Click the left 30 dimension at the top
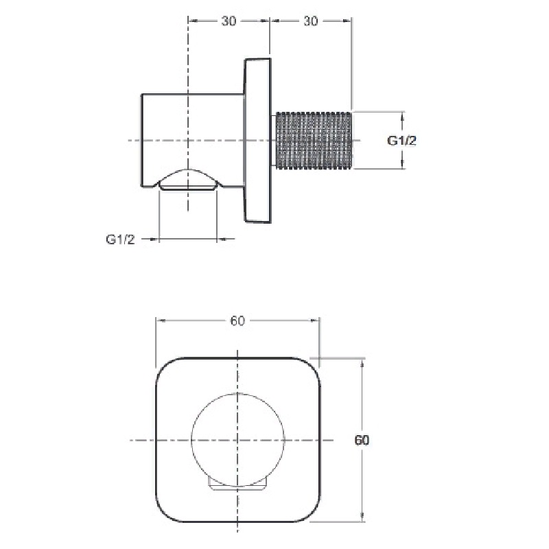[229, 21]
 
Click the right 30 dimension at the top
[311, 21]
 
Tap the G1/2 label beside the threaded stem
[401, 141]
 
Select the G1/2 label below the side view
[121, 240]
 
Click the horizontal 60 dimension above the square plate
[237, 320]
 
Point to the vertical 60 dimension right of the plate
[362, 440]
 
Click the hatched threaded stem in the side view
[314, 141]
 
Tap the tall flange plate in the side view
[257, 140]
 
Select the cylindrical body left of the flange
[192, 140]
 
